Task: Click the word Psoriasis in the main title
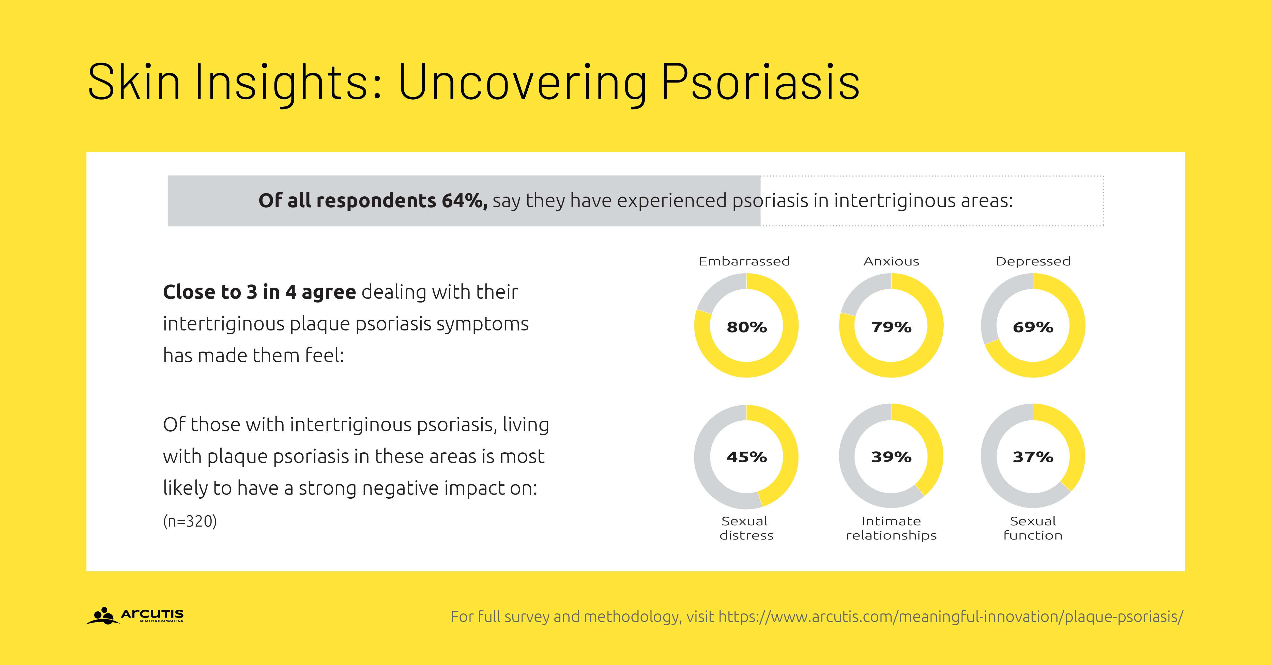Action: click(760, 83)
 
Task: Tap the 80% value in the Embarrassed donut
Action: click(746, 327)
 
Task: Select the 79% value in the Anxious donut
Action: click(891, 327)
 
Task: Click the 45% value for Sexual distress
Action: click(746, 457)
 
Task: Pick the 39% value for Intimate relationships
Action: click(891, 457)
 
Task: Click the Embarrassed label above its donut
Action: click(745, 261)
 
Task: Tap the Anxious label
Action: click(891, 261)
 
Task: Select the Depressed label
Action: click(1033, 261)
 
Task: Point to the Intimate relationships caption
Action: click(891, 528)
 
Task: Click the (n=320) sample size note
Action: click(190, 521)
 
